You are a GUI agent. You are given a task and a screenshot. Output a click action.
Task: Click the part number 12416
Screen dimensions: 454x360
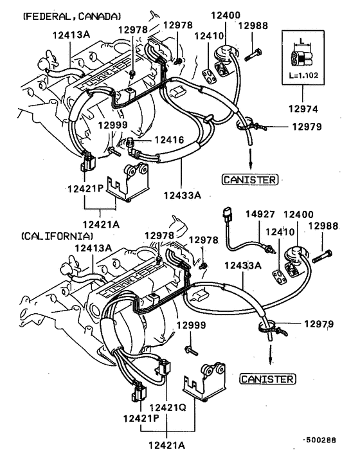click(168, 140)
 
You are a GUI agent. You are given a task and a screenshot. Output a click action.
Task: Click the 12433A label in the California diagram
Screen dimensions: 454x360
click(242, 266)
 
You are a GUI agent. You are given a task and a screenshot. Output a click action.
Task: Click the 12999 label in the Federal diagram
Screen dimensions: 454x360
click(113, 124)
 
